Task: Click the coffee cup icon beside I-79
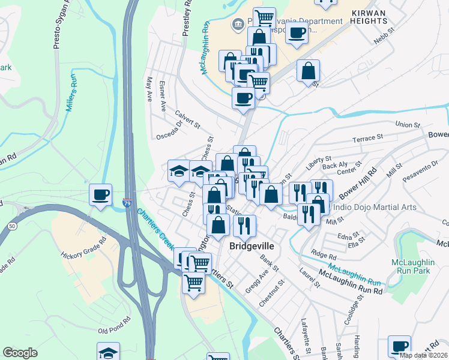100,194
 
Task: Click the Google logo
20,353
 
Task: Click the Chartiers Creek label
155,229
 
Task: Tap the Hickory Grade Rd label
83,249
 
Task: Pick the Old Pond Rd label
114,325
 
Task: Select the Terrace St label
367,139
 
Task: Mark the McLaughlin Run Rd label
351,281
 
